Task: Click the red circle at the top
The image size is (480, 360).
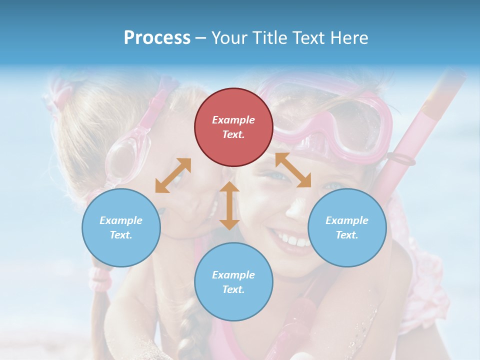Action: [x=233, y=127]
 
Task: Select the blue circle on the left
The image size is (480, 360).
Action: [x=121, y=227]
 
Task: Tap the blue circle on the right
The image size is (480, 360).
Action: [x=347, y=227]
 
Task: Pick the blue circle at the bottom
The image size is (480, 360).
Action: [x=233, y=282]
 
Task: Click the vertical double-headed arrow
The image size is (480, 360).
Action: [x=229, y=205]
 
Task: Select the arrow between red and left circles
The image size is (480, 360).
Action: [x=173, y=175]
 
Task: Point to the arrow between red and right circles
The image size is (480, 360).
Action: [x=293, y=170]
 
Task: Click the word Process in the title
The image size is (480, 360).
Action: [x=157, y=37]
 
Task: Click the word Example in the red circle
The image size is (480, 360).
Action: [x=233, y=120]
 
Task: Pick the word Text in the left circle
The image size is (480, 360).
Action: [x=121, y=235]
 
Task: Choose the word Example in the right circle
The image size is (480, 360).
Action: [x=347, y=220]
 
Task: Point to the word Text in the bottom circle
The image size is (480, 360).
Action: [x=233, y=289]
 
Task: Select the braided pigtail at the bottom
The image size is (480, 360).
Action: [x=187, y=330]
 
